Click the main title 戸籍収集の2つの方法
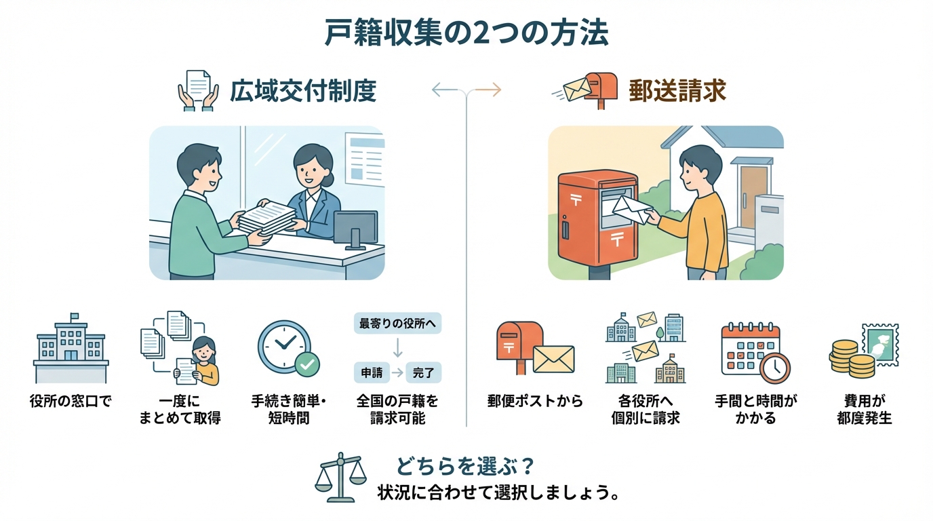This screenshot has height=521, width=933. point(466,33)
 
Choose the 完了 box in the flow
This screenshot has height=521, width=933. point(426,372)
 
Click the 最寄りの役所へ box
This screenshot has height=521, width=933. point(397,323)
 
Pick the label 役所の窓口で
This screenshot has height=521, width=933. point(71,401)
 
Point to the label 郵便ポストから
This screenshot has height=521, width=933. point(535,401)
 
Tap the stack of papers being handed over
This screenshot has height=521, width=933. point(267,216)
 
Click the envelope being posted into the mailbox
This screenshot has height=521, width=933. point(631,208)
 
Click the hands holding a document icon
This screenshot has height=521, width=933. point(198,90)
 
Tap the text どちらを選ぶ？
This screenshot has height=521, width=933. point(466,467)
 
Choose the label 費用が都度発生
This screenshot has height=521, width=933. point(865,409)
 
